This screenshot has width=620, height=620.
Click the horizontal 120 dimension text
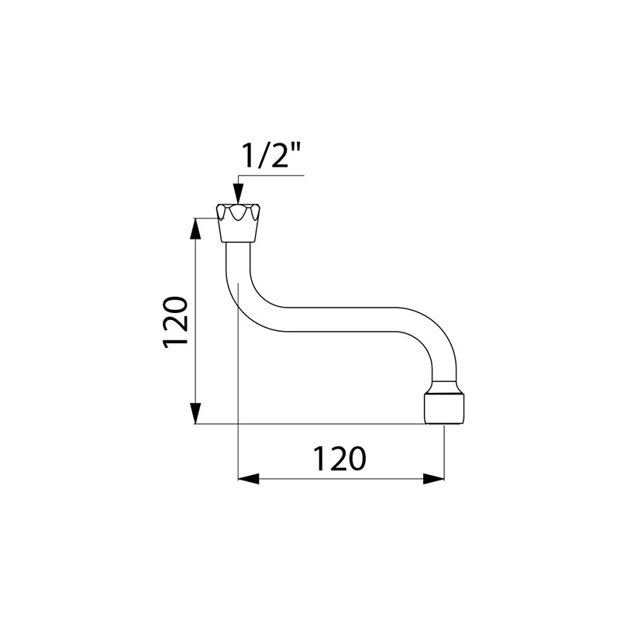pos(339,459)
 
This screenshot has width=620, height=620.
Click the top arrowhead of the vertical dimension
pos(196,229)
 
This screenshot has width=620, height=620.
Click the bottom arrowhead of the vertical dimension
pos(196,413)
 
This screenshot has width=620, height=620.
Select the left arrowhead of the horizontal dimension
pos(248,479)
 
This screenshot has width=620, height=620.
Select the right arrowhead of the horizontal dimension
pos(434,479)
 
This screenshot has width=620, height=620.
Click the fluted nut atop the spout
pos(238,223)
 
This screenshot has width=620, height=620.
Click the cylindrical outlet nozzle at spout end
pos(444,402)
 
